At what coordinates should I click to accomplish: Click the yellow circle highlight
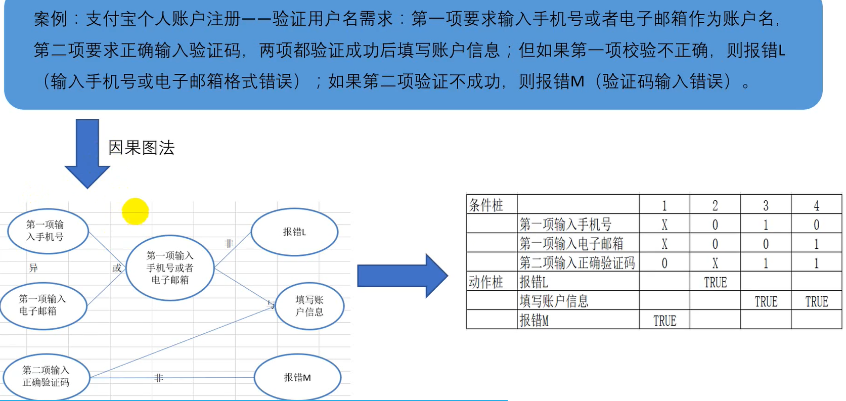pos(136,211)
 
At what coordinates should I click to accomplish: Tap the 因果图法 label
pos(141,148)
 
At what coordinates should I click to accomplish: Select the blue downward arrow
pos(87,152)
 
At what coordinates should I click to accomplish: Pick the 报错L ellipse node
pos(294,232)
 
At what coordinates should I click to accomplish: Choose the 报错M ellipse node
pos(297,377)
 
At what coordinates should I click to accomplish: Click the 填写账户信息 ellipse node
pos(309,306)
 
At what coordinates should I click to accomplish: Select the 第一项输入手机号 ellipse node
pos(48,231)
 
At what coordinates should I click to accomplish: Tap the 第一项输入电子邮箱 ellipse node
pos(43,305)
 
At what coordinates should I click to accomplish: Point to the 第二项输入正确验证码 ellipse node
pos(47,377)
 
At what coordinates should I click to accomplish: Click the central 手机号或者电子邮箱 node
pos(170,268)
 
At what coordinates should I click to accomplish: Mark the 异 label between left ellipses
pos(33,268)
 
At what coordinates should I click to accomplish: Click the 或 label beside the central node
pos(117,268)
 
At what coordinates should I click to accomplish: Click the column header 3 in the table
pos(766,205)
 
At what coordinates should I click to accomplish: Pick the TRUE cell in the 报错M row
pos(664,321)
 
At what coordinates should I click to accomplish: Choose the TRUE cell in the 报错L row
pos(715,282)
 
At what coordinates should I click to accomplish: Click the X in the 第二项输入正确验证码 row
pos(715,263)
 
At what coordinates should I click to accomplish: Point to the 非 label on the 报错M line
pos(159,378)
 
